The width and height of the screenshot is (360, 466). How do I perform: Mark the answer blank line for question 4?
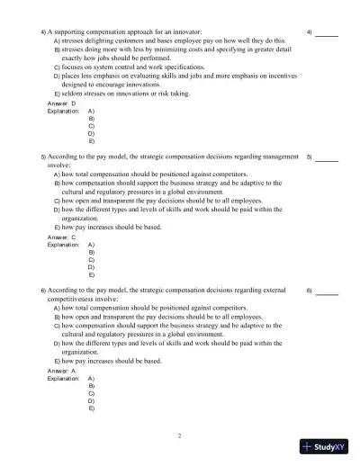[x=327, y=34]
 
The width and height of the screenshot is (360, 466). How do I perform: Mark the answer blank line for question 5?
[x=327, y=159]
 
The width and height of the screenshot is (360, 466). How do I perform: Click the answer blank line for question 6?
[x=327, y=293]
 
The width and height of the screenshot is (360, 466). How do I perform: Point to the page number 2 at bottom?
[x=179, y=435]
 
